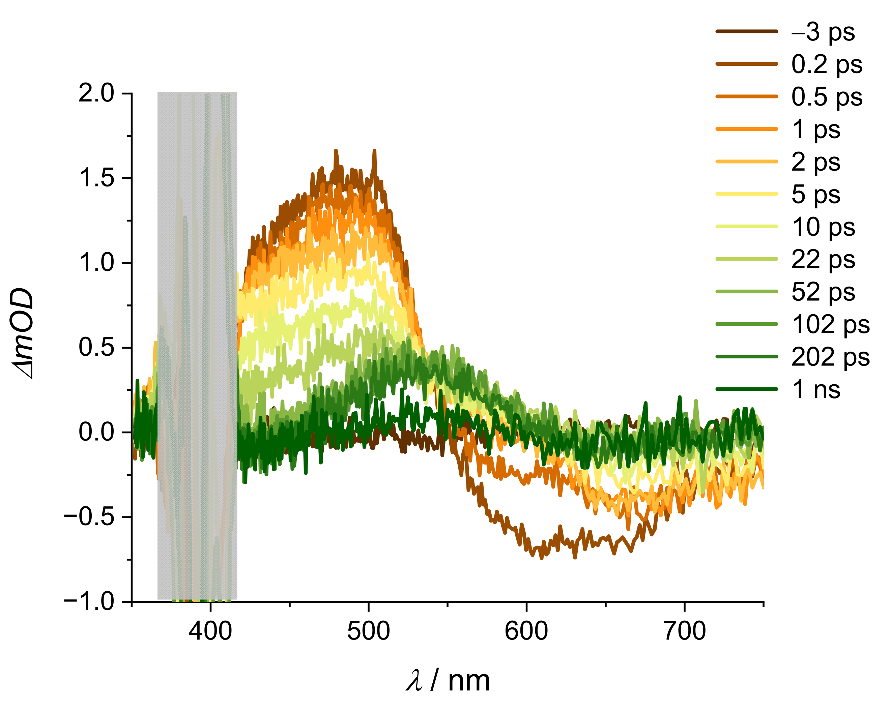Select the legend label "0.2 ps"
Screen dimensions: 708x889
coord(827,65)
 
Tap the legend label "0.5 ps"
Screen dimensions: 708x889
coord(827,97)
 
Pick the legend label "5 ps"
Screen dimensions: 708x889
coord(815,195)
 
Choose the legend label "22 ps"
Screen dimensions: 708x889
coord(823,260)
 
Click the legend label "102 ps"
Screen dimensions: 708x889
coord(830,325)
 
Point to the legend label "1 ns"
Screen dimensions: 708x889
coord(815,389)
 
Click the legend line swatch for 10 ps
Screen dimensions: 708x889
coord(747,226)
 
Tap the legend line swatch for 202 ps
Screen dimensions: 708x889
coord(747,356)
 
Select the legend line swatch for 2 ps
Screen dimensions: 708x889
coord(747,161)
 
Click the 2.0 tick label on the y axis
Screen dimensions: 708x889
coord(96,93)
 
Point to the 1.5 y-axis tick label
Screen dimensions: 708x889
coord(96,178)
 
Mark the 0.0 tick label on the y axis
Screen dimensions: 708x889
coord(96,432)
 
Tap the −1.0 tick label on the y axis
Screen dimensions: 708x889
coord(89,602)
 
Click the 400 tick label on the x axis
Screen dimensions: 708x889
coord(210,631)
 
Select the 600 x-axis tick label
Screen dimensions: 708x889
coord(526,631)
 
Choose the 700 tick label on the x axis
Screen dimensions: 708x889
coord(685,631)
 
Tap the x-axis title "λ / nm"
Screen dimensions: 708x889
coord(448,681)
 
